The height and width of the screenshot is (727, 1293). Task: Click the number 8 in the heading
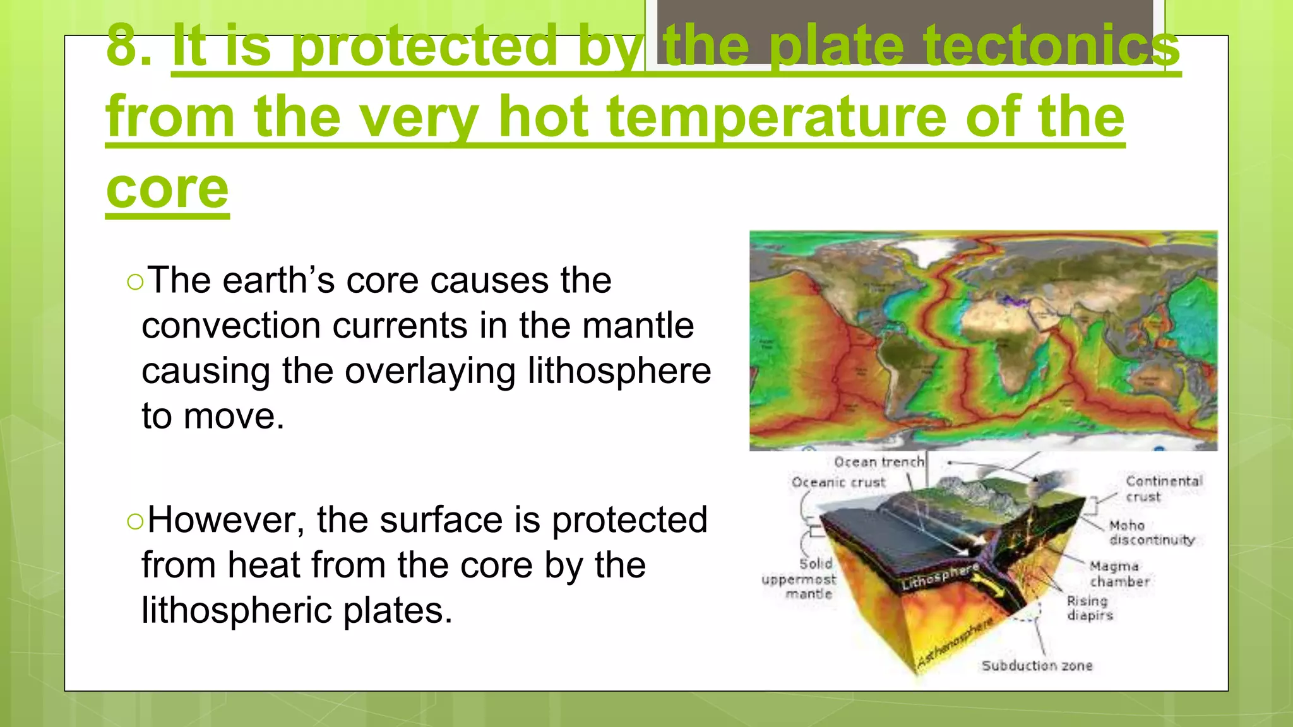pyautogui.click(x=122, y=45)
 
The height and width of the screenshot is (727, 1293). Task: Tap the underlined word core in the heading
pyautogui.click(x=167, y=189)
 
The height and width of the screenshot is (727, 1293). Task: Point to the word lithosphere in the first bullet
pyautogui.click(x=619, y=371)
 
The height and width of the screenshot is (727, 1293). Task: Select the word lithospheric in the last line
pyautogui.click(x=237, y=611)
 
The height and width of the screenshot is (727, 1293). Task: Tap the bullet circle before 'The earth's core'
pyautogui.click(x=134, y=282)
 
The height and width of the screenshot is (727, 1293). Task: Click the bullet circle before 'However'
pyautogui.click(x=134, y=521)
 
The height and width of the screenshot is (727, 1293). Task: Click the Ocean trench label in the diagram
pyautogui.click(x=879, y=462)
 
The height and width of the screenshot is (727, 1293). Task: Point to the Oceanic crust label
pyautogui.click(x=838, y=483)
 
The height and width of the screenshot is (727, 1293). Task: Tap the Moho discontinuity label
pyautogui.click(x=1151, y=533)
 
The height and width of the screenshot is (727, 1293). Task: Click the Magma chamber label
pyautogui.click(x=1118, y=574)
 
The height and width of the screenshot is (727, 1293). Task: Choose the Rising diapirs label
pyautogui.click(x=1089, y=608)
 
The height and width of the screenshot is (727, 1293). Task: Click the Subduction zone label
pyautogui.click(x=1037, y=666)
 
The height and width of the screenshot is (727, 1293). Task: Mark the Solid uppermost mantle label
pyautogui.click(x=799, y=579)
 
